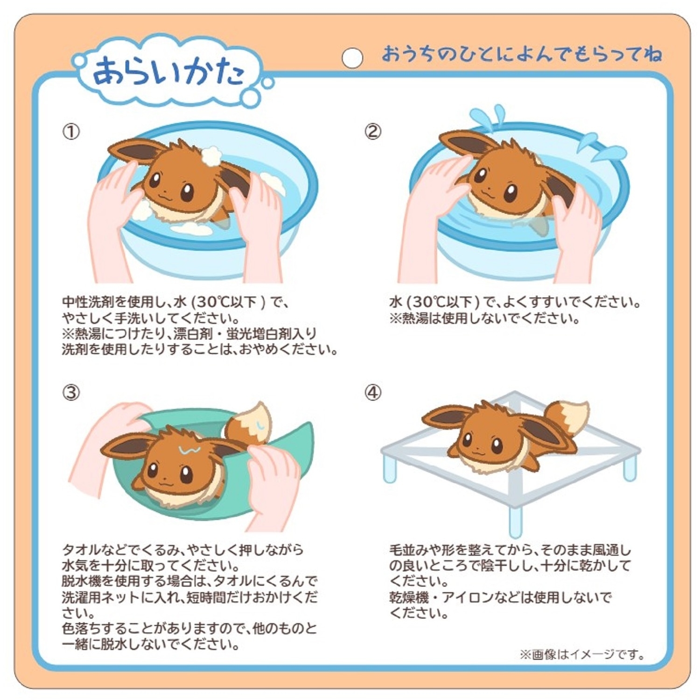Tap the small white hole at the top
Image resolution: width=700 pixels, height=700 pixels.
(352, 57)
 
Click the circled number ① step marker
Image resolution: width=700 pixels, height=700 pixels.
(71, 132)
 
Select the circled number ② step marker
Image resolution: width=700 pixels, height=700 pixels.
(372, 132)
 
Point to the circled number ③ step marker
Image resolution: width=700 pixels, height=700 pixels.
(71, 392)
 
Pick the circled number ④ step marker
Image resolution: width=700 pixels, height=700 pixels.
(372, 392)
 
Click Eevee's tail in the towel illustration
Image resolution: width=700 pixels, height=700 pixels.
(250, 422)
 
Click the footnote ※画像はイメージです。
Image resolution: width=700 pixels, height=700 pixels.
(582, 655)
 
